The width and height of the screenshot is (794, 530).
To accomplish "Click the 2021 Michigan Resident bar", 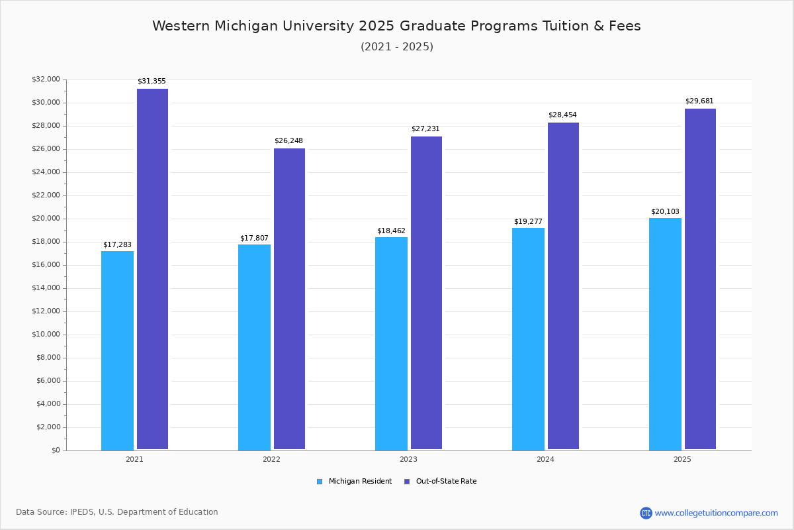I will tap(117, 350).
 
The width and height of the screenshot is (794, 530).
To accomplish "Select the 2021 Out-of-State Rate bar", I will tap(152, 269).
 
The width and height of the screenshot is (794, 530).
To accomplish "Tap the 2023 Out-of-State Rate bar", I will tap(426, 293).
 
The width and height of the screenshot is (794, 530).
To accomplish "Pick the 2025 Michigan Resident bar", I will tap(665, 334).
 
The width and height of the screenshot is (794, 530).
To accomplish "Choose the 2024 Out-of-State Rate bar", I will tap(563, 286).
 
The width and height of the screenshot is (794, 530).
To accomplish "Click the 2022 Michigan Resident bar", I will tap(254, 347).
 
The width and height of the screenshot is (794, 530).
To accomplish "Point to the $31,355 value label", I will tap(152, 81).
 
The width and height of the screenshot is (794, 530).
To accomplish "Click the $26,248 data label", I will tap(288, 141).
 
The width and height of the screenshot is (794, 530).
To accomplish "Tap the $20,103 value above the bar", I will tap(665, 212).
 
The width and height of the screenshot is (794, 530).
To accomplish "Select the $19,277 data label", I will tap(528, 222).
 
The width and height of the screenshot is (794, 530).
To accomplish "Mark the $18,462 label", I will tap(391, 231).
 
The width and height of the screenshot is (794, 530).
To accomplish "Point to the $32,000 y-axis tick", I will tap(46, 79).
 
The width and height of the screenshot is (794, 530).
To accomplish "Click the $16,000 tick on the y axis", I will tap(46, 265).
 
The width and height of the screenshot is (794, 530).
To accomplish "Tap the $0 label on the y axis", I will tap(55, 450).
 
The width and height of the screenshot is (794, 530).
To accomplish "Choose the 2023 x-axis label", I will tap(408, 459).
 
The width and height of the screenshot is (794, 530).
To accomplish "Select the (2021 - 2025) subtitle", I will tap(396, 47).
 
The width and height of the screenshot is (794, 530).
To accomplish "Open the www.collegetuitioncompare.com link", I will tap(716, 513).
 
